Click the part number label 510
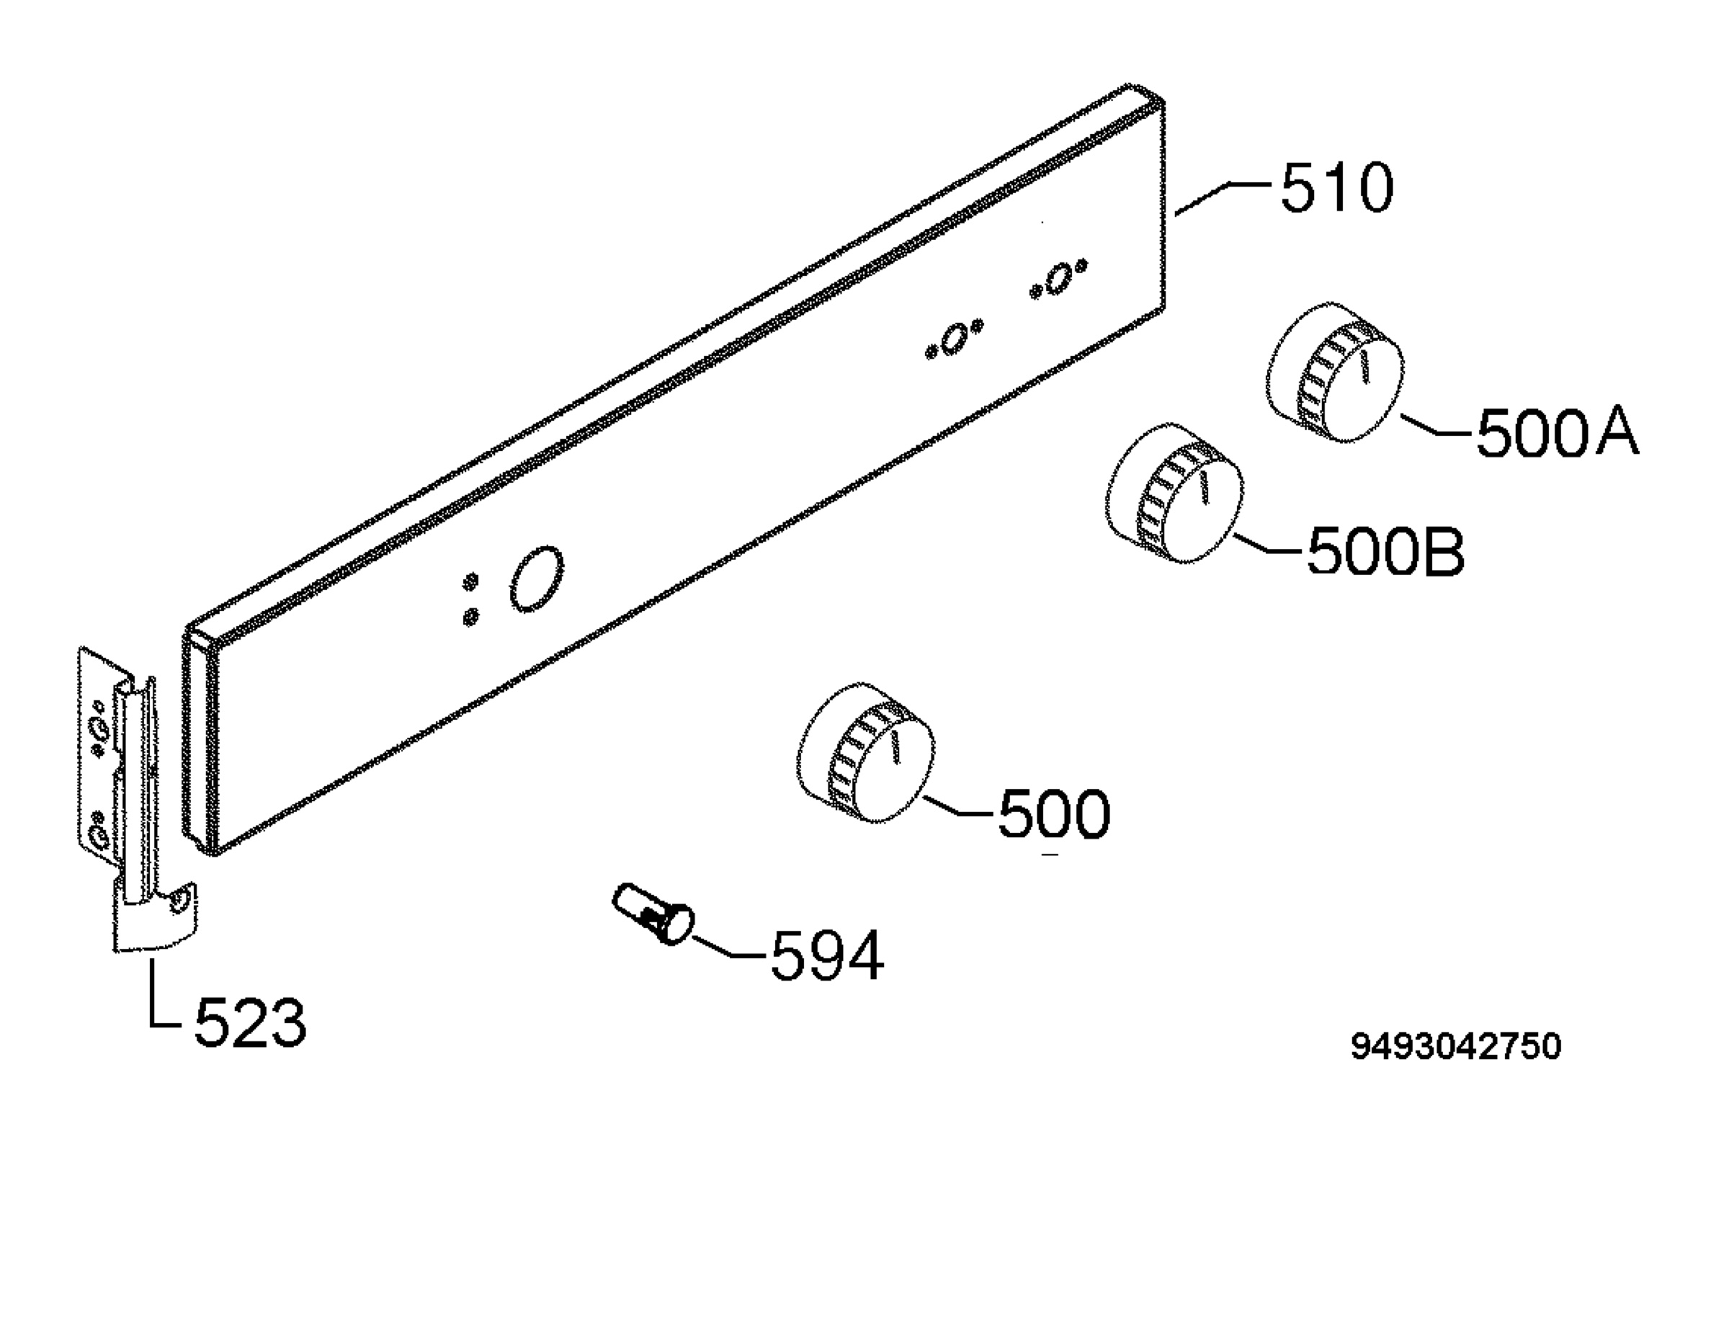point(1337,188)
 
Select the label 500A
point(1557,433)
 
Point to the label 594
point(827,956)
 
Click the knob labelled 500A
point(1336,372)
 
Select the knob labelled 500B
point(1175,493)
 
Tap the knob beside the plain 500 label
point(866,752)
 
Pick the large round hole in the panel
point(537,578)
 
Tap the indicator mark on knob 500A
point(1364,368)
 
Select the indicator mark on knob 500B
point(1203,489)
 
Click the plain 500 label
point(1054,814)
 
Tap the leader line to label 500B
point(1267,544)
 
